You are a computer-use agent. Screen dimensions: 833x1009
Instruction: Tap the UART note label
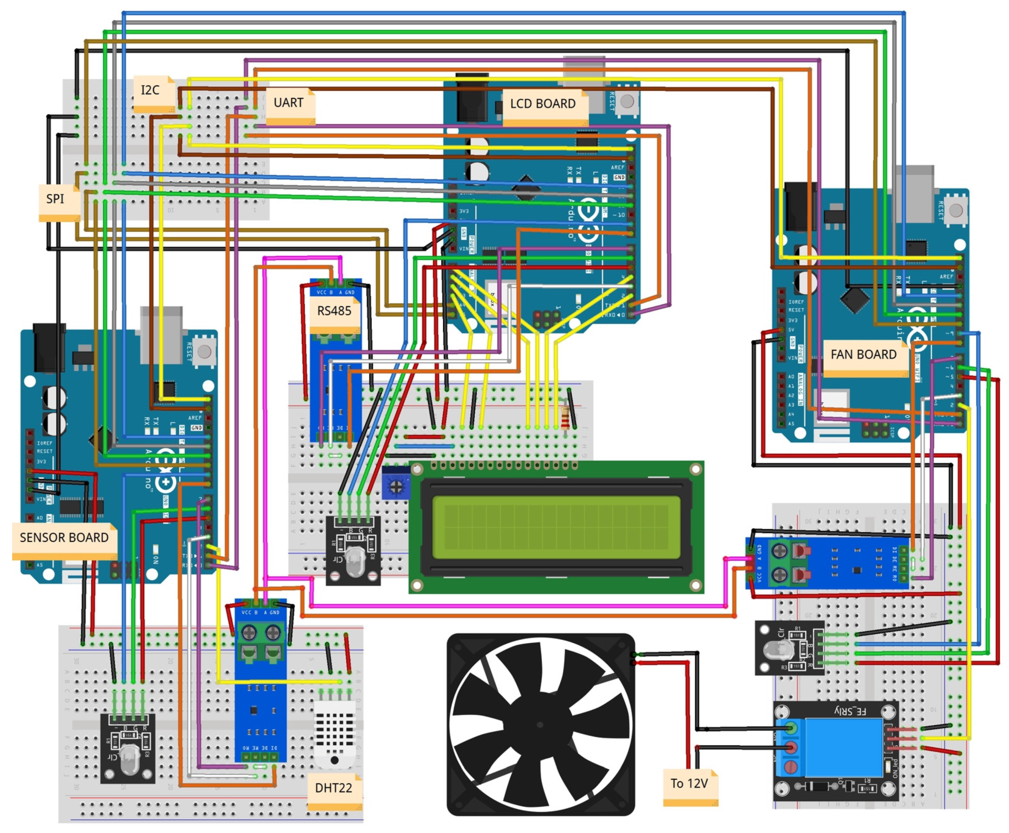(x=289, y=104)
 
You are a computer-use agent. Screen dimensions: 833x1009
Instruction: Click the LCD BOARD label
(x=543, y=104)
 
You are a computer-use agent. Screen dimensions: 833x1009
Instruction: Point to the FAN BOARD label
(x=864, y=355)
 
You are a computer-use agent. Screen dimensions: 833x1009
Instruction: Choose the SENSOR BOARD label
(x=64, y=538)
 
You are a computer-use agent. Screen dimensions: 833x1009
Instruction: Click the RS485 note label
(x=334, y=312)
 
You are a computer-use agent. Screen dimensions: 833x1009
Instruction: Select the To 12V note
(x=689, y=784)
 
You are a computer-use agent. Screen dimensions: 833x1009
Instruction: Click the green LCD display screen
(x=556, y=528)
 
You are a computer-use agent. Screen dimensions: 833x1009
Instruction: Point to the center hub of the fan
(x=540, y=725)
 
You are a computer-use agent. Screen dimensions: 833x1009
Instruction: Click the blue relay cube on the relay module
(x=845, y=748)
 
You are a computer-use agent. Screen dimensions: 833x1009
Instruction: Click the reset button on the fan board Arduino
(x=955, y=210)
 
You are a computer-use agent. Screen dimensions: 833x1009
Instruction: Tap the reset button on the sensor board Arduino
(x=204, y=352)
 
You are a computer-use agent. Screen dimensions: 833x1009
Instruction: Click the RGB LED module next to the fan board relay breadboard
(x=789, y=648)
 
